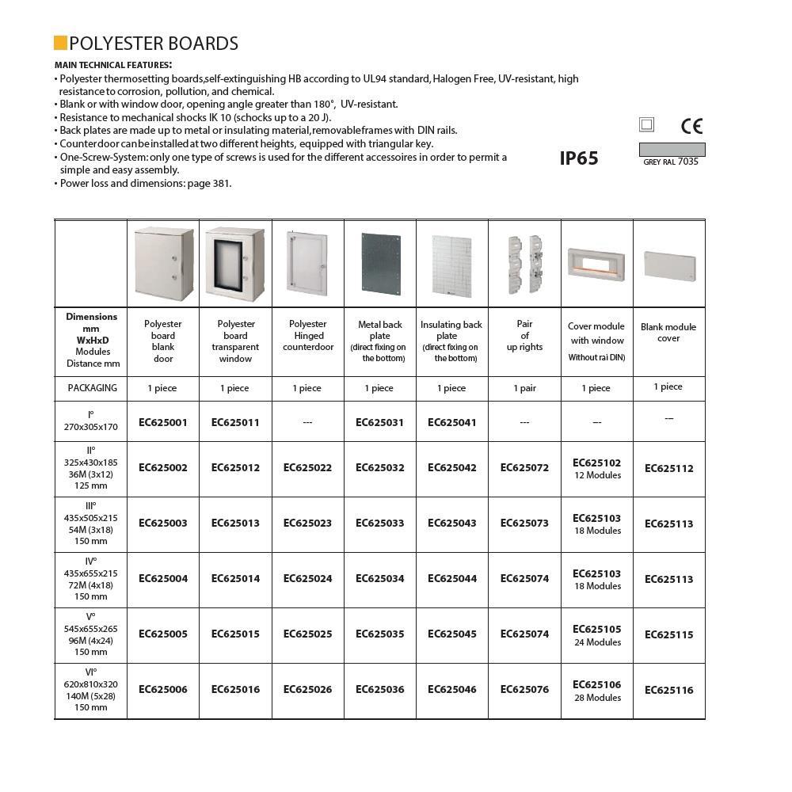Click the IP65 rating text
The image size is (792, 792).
click(579, 158)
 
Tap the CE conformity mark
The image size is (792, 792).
click(691, 126)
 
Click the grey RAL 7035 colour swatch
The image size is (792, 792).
click(672, 150)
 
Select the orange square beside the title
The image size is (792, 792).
click(60, 43)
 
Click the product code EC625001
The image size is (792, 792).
click(163, 422)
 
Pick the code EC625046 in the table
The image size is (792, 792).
click(452, 689)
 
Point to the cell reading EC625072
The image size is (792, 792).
click(524, 467)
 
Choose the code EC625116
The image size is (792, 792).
click(668, 690)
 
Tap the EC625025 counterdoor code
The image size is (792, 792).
click(307, 634)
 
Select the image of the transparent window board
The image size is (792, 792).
click(234, 265)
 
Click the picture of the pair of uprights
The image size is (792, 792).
click(524, 263)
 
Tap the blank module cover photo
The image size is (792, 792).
click(669, 265)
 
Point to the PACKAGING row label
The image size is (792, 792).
click(92, 388)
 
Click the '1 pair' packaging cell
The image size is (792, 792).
click(524, 388)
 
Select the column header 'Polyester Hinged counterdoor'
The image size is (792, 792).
click(307, 335)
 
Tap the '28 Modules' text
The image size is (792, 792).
click(597, 698)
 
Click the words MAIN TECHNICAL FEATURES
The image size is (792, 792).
click(113, 65)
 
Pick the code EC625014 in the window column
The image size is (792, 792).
click(235, 578)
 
